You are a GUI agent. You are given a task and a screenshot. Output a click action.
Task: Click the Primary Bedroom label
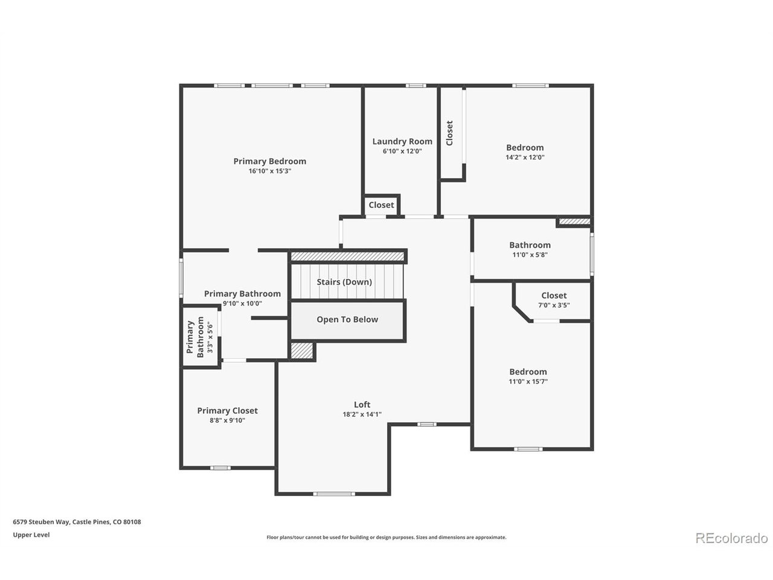(270, 161)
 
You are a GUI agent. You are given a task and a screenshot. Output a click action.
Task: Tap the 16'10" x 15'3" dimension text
(270, 171)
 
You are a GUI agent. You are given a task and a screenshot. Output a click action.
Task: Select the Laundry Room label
(402, 141)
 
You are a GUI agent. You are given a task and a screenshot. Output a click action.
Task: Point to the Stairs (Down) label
(344, 282)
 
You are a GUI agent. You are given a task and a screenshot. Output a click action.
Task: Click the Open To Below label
(347, 320)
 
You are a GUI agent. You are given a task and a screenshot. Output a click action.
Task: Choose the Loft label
(362, 404)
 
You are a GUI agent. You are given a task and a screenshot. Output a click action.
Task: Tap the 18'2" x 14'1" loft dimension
(362, 414)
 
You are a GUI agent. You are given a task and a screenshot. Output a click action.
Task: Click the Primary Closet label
(227, 411)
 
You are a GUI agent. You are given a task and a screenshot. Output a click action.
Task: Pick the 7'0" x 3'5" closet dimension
(554, 305)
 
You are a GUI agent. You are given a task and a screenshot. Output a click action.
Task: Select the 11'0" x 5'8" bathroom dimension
(530, 254)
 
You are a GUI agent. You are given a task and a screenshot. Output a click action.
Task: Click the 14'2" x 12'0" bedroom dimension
(525, 158)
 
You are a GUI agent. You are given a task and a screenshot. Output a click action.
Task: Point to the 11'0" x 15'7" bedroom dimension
(528, 381)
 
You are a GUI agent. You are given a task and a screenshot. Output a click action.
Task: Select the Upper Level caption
(31, 535)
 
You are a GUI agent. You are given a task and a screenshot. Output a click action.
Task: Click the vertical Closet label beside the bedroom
(449, 133)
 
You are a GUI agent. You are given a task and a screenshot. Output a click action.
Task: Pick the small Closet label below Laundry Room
(381, 205)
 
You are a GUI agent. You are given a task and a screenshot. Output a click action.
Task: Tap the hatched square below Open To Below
(302, 351)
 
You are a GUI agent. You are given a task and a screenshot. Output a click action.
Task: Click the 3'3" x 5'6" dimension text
(210, 337)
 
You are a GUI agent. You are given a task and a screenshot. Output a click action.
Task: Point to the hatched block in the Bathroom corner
(574, 222)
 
